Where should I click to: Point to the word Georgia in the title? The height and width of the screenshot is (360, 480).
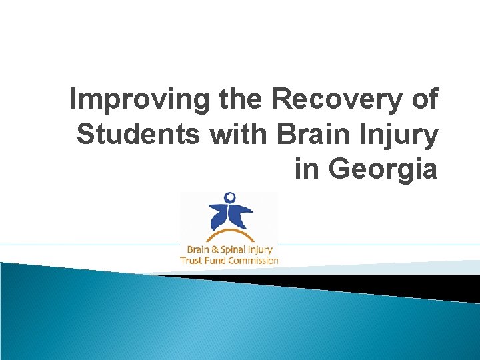click(x=383, y=169)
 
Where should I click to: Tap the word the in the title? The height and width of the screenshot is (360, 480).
click(x=241, y=100)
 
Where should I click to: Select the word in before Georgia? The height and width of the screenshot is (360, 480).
click(x=307, y=169)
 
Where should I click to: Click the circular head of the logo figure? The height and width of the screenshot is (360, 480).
click(x=230, y=197)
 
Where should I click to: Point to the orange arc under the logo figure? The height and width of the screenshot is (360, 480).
click(x=229, y=234)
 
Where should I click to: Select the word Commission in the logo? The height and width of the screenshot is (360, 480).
click(x=253, y=260)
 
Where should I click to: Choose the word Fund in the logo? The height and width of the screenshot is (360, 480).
click(x=216, y=260)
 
